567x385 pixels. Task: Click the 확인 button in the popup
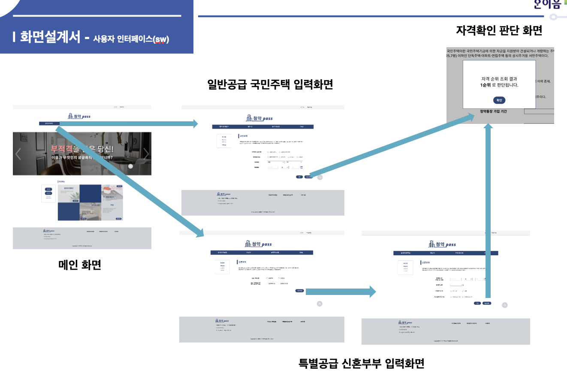point(499,100)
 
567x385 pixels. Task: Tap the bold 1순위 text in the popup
point(485,85)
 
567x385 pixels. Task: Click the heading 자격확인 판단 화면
point(499,30)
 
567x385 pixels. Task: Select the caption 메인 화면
point(80,265)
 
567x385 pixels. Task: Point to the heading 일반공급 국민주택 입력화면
point(270,84)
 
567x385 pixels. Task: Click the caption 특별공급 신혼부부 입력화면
point(361,364)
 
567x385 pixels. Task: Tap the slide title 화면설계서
point(50,37)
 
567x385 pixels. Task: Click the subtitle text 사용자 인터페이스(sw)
point(131,39)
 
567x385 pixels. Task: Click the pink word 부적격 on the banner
point(62,149)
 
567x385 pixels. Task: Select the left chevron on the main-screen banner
point(18,154)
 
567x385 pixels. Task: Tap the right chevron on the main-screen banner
point(146,154)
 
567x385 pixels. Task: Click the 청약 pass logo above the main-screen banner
point(79,116)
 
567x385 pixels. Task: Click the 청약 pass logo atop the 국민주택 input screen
point(259,118)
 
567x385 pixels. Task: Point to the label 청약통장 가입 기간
point(493,111)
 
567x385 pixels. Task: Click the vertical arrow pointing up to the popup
point(488,210)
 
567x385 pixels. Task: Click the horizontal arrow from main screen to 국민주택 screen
point(129,124)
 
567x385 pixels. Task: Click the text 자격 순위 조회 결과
point(499,79)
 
